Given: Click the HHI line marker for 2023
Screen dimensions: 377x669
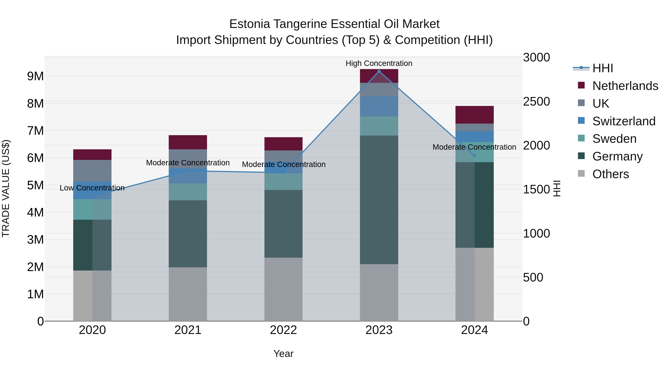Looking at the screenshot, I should tap(379, 71).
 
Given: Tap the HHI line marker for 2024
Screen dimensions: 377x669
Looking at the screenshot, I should tap(474, 156).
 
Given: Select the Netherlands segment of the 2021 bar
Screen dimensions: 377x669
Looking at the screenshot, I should tap(188, 142).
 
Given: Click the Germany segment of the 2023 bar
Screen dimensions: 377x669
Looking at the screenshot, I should tap(379, 200).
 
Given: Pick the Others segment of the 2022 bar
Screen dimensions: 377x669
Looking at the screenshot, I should tap(283, 289).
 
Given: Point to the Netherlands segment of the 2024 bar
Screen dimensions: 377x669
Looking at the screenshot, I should tap(474, 115).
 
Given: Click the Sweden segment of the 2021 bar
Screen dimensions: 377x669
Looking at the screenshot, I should tap(188, 192).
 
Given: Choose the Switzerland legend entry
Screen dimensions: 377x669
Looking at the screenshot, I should tap(624, 121).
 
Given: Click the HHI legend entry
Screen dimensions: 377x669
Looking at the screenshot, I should tap(602, 68).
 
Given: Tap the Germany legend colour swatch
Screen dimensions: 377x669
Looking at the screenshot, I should tap(581, 156).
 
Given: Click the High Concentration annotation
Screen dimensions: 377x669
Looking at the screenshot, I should tap(379, 63).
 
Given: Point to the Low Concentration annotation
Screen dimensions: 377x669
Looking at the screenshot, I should tap(92, 188).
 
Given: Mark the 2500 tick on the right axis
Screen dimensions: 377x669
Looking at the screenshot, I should tap(536, 101).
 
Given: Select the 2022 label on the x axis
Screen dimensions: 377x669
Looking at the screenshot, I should tap(283, 330).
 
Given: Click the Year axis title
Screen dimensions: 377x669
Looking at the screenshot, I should tap(283, 354).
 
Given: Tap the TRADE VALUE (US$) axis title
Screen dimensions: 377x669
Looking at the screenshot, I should tap(6, 188).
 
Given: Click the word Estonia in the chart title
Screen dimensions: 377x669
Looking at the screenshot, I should tap(250, 24).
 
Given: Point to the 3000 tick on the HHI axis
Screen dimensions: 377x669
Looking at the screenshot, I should tap(536, 58).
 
